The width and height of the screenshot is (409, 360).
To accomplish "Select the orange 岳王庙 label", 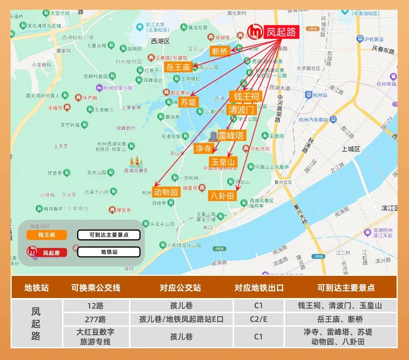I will (178, 67).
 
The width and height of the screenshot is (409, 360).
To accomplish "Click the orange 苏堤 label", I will (189, 102).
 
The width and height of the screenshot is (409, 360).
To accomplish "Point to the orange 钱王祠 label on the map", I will (246, 96).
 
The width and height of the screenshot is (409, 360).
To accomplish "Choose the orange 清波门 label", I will (242, 109).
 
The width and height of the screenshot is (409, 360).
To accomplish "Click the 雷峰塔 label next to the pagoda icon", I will (232, 135).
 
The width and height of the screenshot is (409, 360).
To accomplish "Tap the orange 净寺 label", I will (204, 148).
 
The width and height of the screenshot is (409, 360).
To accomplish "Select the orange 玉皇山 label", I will (223, 162).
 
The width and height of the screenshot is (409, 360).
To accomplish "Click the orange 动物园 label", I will (166, 192).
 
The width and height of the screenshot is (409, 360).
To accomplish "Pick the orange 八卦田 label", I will (222, 196).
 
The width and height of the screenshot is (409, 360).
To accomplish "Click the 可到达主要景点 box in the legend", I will (109, 235).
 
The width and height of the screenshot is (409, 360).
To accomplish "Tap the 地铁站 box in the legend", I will (109, 252).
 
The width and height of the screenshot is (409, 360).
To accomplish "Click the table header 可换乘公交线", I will (96, 288).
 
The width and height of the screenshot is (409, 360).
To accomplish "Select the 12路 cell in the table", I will (96, 305).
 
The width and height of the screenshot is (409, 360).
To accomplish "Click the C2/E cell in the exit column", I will (259, 319).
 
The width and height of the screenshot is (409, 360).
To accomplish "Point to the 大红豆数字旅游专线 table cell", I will (96, 337).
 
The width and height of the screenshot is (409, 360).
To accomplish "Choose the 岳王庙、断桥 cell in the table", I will (340, 319).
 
